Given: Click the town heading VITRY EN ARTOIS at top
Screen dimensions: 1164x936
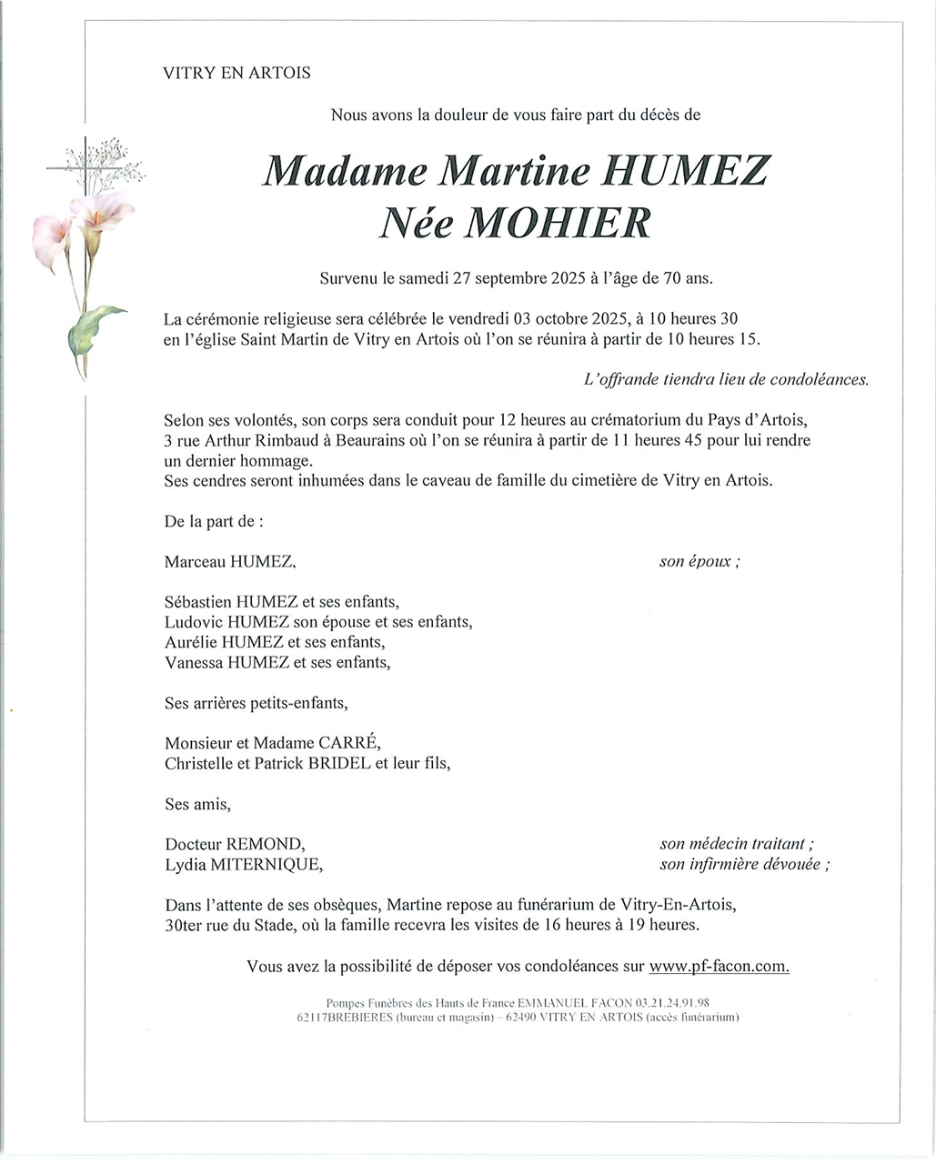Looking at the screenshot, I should click(237, 74).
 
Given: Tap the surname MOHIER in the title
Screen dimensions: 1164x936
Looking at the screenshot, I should click(558, 223).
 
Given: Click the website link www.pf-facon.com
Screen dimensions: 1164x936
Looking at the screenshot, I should click(720, 967).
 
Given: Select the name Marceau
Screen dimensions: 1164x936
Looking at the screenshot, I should click(196, 562).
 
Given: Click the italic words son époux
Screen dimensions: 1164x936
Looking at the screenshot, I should click(698, 562).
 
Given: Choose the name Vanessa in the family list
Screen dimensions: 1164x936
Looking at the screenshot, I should click(194, 662).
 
